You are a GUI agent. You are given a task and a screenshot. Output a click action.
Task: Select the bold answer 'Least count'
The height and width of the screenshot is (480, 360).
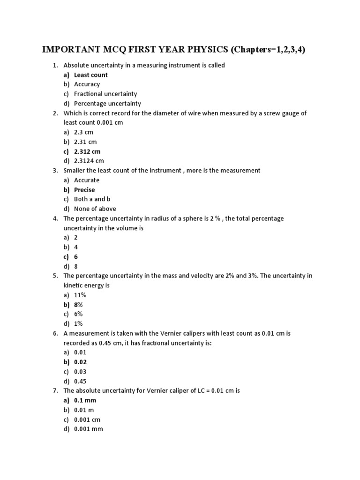(x=91, y=75)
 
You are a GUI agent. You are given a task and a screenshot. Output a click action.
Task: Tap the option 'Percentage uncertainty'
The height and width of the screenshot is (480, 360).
(x=107, y=104)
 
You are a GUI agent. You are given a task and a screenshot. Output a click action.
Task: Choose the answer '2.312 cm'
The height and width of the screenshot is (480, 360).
(x=87, y=151)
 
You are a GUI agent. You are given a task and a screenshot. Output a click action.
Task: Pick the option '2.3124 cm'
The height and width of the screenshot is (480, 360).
(x=89, y=161)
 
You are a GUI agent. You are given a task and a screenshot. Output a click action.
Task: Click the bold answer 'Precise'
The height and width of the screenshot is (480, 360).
(x=84, y=190)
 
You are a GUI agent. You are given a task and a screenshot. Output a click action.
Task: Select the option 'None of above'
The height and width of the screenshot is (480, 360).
(x=95, y=209)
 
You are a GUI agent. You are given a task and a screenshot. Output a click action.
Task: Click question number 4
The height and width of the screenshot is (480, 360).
(x=55, y=218)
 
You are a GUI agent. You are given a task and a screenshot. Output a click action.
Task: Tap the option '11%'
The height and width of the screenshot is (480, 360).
(x=80, y=295)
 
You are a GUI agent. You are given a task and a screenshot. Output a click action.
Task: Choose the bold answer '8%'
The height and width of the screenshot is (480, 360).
(x=78, y=305)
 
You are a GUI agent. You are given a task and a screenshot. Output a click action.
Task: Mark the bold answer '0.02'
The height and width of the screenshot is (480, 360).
(x=80, y=362)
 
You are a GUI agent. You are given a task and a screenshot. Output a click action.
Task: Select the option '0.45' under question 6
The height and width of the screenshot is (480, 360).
(x=80, y=381)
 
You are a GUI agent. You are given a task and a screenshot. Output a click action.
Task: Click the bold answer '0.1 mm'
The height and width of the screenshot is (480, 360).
(x=85, y=400)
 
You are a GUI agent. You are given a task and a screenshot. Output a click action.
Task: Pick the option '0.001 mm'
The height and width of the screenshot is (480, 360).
(x=88, y=429)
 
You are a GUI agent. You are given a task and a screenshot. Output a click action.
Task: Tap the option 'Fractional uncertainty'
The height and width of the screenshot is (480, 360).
(x=105, y=94)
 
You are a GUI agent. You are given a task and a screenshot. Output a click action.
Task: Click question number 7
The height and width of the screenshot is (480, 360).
(x=55, y=390)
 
